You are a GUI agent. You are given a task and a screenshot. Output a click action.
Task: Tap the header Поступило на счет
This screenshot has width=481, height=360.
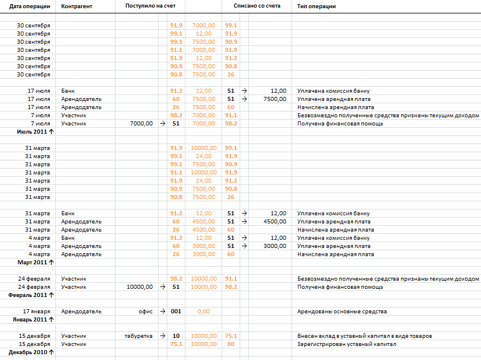point(146,6)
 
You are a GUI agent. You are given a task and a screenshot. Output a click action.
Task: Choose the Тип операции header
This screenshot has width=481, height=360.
point(316,6)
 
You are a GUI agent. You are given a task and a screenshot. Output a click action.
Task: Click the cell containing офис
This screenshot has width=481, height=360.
point(146,312)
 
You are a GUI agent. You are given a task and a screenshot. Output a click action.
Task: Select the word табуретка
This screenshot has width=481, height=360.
point(139,336)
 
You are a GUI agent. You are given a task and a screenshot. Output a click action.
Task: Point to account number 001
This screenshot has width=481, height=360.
point(176,312)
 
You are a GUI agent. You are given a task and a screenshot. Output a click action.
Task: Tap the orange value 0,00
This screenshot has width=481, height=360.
point(203,312)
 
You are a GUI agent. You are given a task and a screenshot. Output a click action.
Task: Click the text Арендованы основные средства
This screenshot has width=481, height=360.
point(342,312)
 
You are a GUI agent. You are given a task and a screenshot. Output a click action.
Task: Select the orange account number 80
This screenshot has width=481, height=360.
point(231,344)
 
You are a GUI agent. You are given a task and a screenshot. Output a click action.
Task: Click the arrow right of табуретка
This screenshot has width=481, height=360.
point(163,336)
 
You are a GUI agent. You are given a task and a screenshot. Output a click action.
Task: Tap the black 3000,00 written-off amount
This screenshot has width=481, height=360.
point(275,246)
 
